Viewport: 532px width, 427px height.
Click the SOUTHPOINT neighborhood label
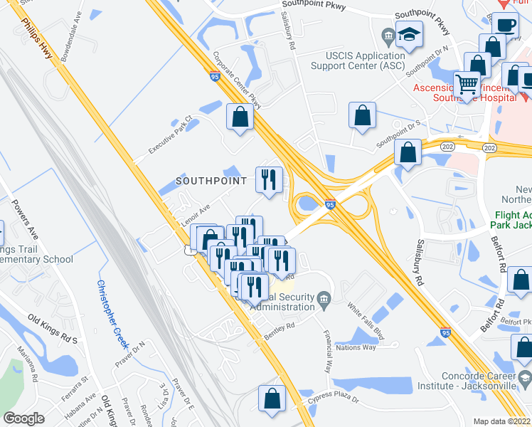[211, 181]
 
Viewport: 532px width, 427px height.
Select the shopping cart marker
[467, 84]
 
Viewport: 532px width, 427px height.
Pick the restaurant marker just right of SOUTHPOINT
[269, 179]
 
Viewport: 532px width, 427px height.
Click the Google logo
[23, 418]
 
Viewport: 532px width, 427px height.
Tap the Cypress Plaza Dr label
[334, 402]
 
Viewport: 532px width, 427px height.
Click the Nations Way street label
[355, 347]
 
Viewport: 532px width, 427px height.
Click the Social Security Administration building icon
[324, 297]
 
